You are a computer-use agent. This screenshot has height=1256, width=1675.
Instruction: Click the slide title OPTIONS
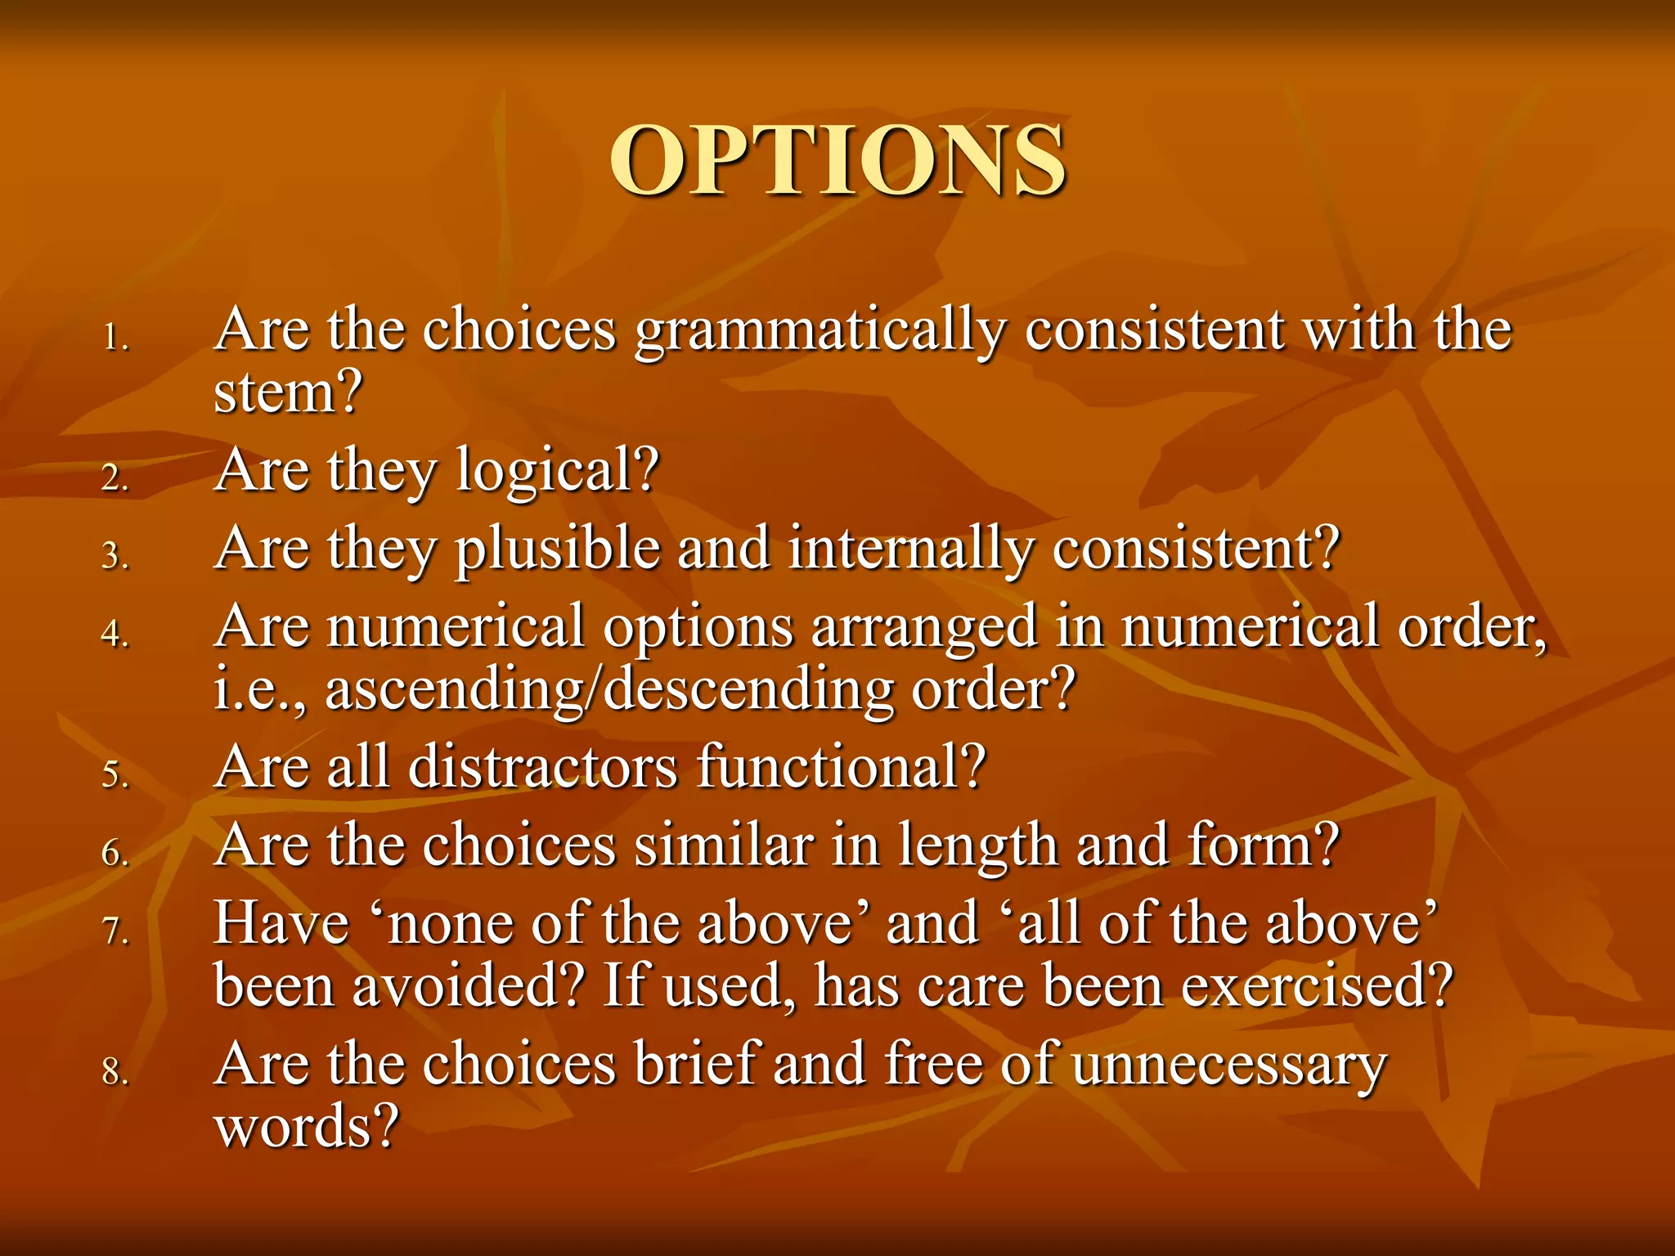point(837,161)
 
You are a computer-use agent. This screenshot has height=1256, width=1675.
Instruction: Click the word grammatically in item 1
point(820,331)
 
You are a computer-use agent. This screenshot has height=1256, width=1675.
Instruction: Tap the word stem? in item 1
point(287,392)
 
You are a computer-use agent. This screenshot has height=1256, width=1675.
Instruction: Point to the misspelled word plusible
point(557,549)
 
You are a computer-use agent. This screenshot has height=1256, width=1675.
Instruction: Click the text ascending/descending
point(609,689)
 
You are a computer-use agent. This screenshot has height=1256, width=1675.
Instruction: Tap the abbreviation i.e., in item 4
point(260,689)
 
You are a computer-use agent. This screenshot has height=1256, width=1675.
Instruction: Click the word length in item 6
point(977,847)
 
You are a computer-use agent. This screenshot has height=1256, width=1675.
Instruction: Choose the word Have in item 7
point(281,924)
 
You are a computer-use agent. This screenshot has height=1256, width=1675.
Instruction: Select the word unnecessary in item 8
point(1229,1065)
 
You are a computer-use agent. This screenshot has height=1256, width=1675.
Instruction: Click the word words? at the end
point(306,1127)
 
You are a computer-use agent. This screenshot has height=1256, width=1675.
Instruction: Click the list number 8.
point(115,1071)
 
